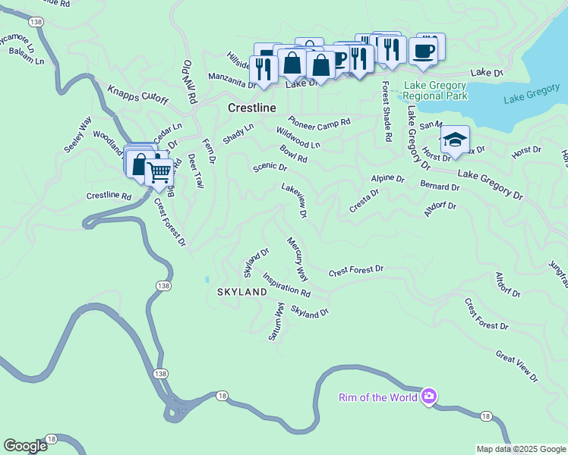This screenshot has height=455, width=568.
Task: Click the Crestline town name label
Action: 251,108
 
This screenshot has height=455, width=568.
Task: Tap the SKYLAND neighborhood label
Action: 242,291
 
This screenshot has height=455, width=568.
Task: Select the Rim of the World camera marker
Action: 429,397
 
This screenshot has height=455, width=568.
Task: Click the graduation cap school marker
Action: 454,140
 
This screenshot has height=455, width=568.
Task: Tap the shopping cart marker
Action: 159,172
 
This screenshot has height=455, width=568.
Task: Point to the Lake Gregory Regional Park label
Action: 435,90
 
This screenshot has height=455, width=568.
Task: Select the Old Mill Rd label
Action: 189,83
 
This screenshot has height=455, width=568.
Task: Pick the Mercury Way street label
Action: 297,259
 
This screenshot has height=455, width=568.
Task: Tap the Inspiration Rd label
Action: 286,284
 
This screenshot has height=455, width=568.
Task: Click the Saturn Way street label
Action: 276,322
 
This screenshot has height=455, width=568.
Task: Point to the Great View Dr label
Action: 516,366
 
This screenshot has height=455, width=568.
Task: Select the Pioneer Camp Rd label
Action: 319,121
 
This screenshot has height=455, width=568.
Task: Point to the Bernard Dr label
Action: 440,186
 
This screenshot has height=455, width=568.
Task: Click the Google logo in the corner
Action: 25,446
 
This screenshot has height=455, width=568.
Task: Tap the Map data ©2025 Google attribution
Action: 520,449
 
